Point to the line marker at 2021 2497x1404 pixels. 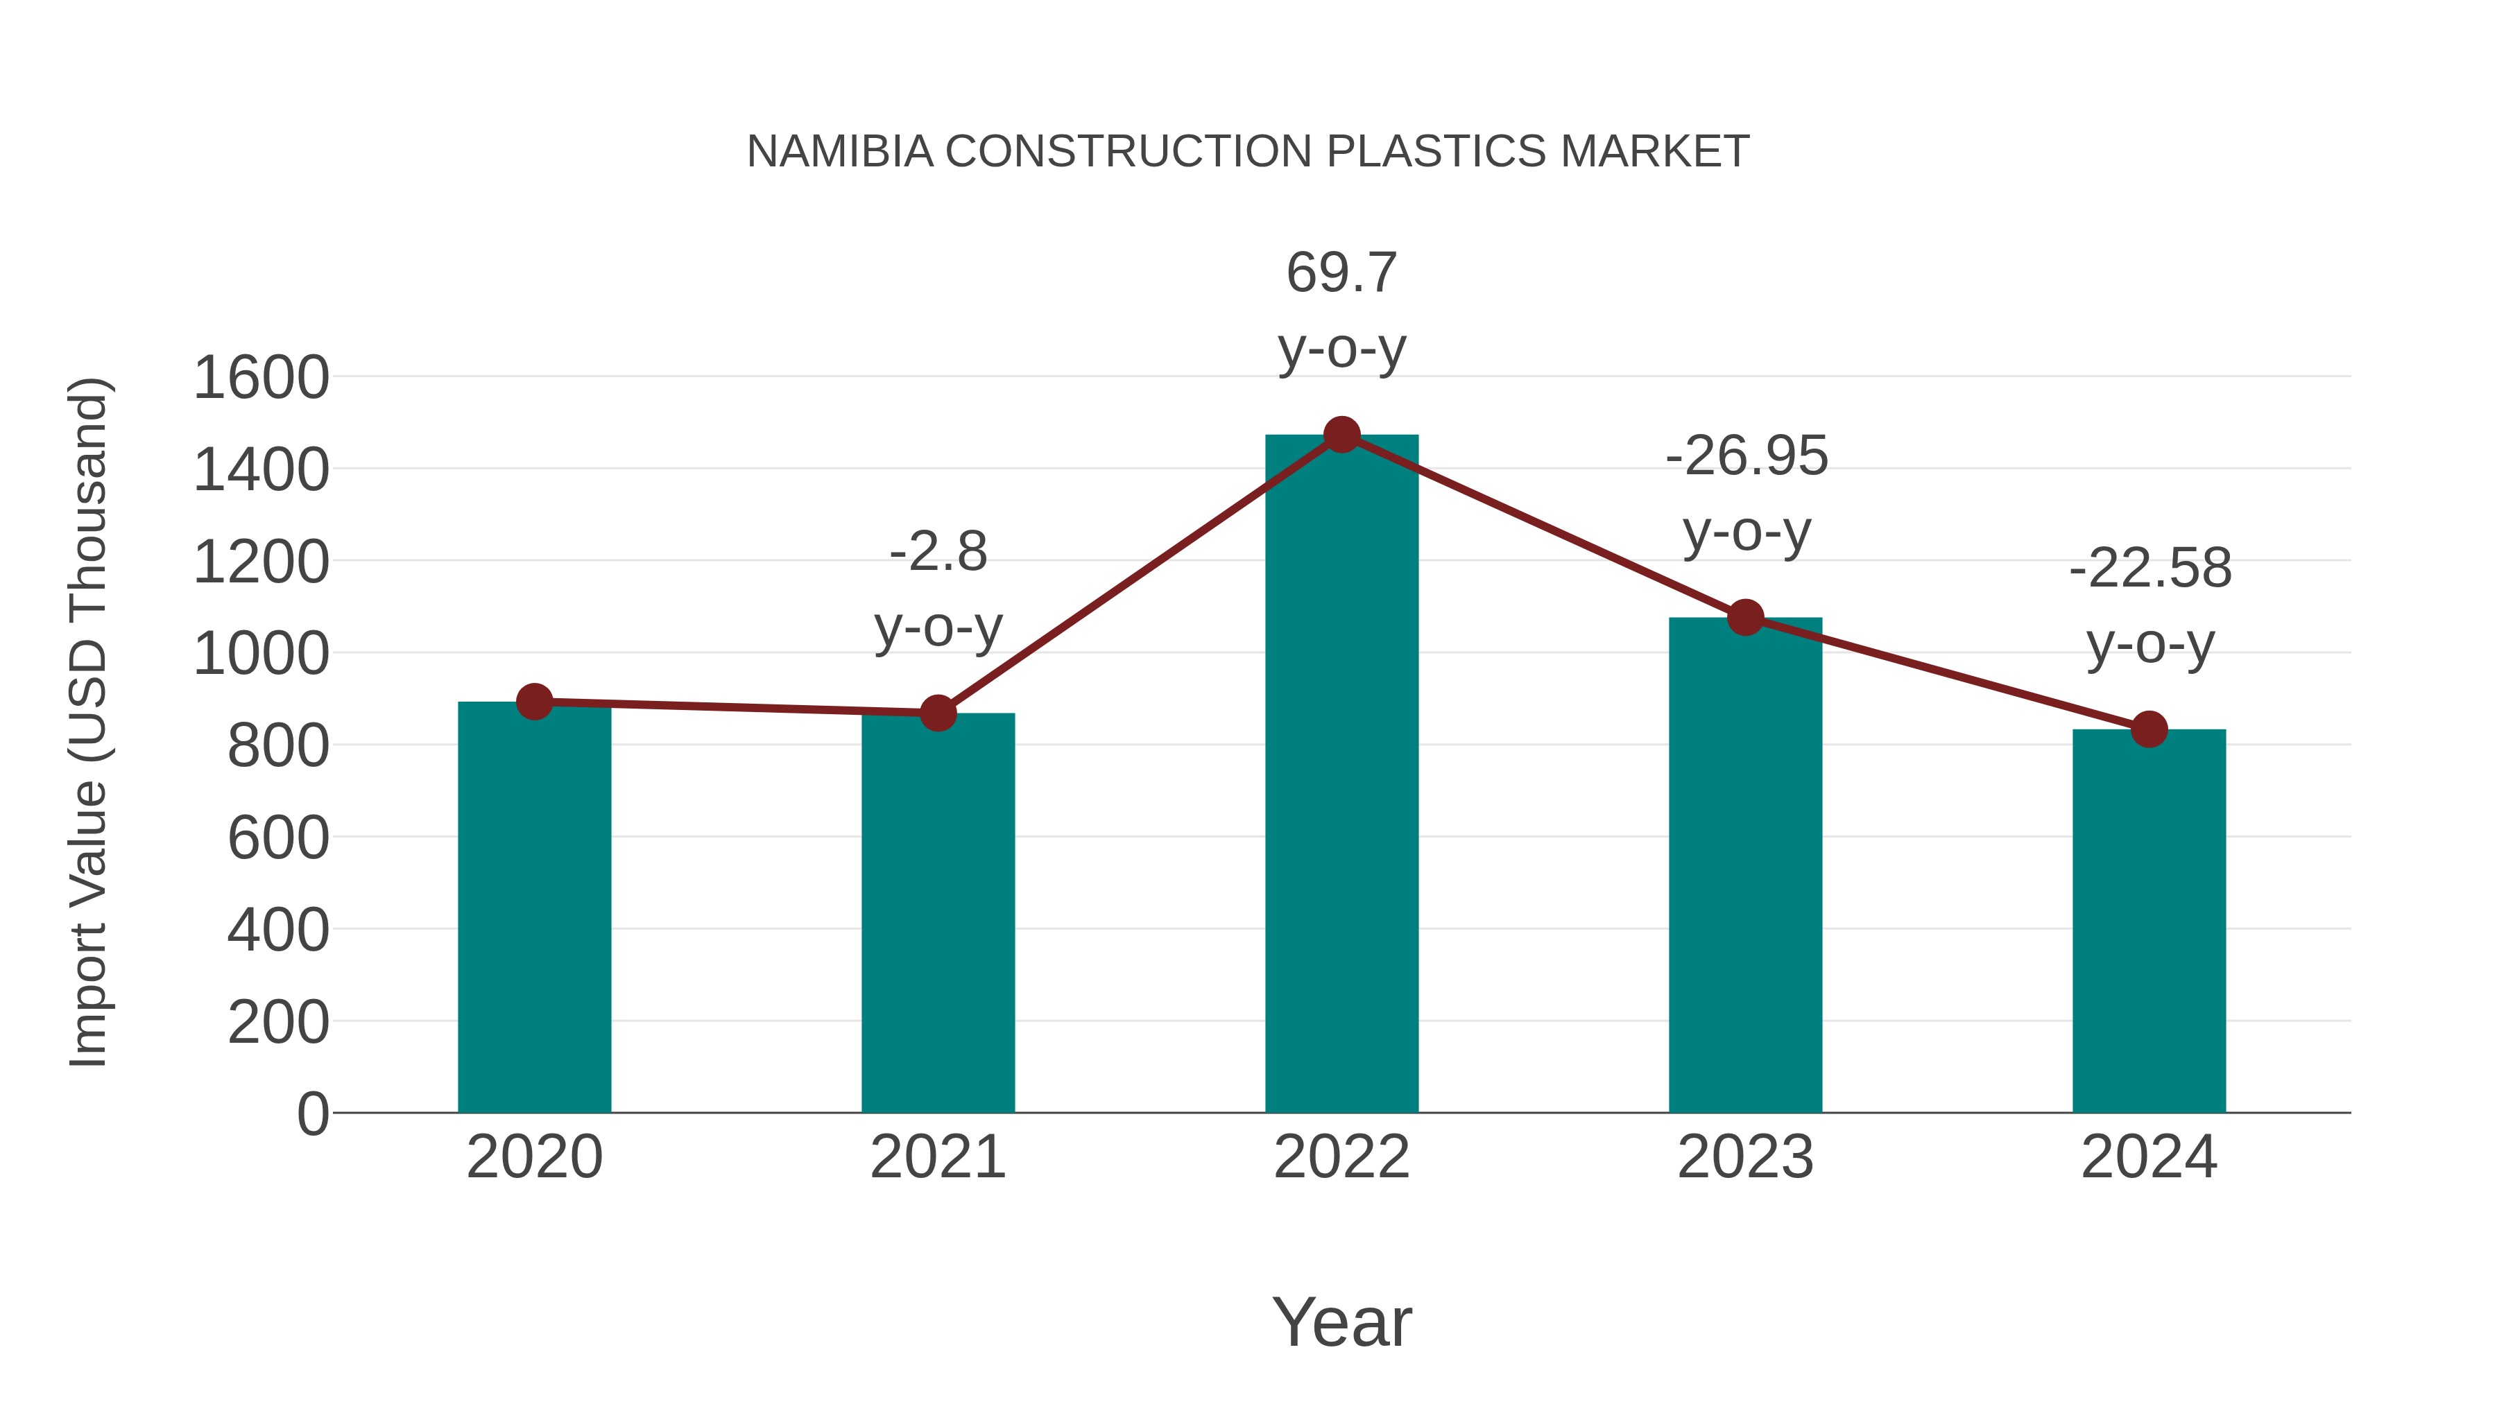coord(937,713)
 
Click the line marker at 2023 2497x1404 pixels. coord(1746,617)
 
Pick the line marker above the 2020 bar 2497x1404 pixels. coord(534,702)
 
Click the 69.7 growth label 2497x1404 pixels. coord(1341,272)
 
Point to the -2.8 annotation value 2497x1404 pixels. coord(937,553)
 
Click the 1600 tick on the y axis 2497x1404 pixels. coord(261,378)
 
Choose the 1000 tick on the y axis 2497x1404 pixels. coord(261,654)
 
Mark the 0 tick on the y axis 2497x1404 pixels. coord(312,1113)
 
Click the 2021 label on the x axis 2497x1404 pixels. coord(937,1157)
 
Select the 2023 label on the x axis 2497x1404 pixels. coord(1745,1157)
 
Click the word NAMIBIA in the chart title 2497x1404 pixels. coord(839,151)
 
